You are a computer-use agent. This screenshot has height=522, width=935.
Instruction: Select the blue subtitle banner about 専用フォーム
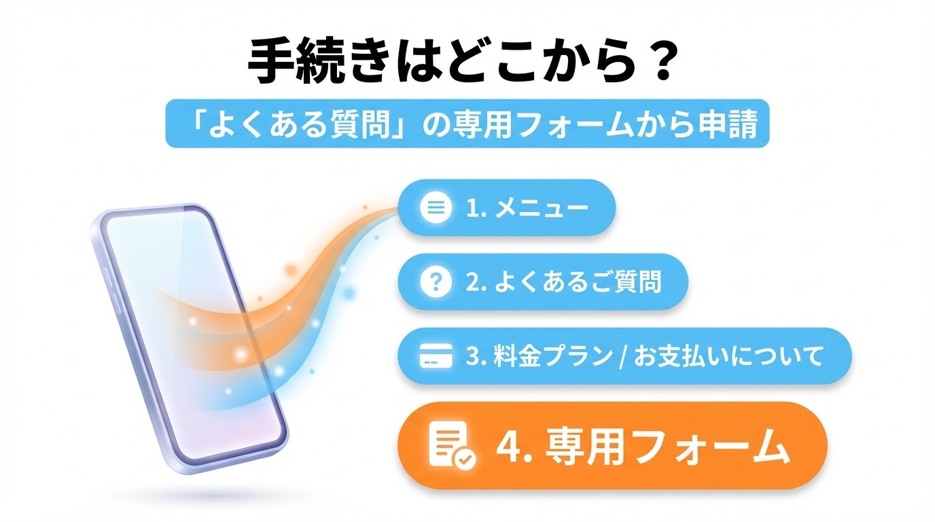pyautogui.click(x=467, y=123)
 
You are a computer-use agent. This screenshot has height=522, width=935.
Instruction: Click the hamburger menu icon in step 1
pyautogui.click(x=436, y=207)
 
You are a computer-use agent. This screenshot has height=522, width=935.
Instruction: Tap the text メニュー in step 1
pyautogui.click(x=542, y=207)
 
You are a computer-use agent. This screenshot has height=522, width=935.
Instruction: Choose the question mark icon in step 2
pyautogui.click(x=436, y=281)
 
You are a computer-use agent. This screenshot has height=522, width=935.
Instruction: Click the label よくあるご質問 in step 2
pyautogui.click(x=578, y=282)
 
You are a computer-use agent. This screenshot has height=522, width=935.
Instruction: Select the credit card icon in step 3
pyautogui.click(x=436, y=355)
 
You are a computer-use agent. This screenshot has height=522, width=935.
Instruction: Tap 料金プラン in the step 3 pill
pyautogui.click(x=553, y=356)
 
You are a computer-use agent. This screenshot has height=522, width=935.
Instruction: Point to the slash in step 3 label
pyautogui.click(x=623, y=357)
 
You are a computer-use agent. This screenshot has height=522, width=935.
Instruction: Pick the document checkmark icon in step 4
pyautogui.click(x=453, y=446)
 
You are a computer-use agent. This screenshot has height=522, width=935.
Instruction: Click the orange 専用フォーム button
pyautogui.click(x=612, y=446)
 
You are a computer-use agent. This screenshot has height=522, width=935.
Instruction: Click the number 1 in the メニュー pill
pyautogui.click(x=472, y=208)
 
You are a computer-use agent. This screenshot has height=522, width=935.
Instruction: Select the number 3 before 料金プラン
pyautogui.click(x=472, y=357)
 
